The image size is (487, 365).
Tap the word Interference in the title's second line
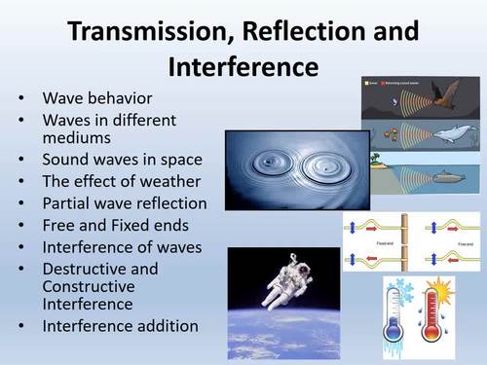point(243,67)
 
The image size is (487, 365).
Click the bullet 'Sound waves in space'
point(122,160)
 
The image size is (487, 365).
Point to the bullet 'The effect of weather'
point(121,181)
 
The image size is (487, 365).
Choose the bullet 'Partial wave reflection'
point(125,203)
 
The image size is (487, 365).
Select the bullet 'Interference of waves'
point(122,247)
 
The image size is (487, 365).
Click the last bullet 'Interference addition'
point(120,325)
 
